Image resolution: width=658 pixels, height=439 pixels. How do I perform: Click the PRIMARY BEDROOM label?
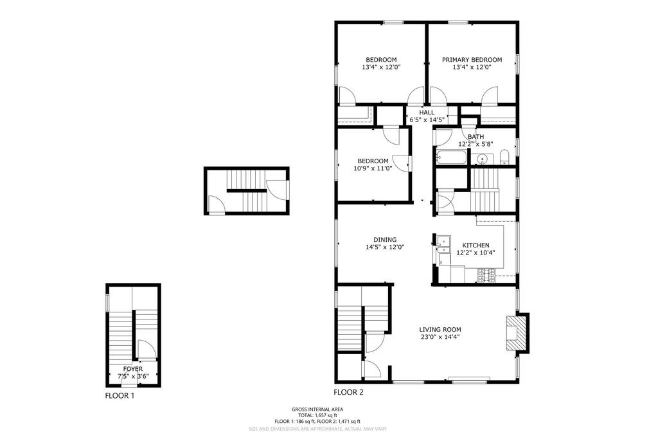472,60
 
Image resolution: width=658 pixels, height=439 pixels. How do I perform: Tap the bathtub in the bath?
452,157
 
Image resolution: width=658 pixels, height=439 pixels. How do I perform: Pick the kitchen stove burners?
487,275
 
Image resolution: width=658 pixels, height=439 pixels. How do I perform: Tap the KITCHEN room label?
476,245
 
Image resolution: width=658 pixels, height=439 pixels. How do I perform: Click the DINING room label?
385,240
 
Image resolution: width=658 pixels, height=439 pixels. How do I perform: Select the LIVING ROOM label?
440,330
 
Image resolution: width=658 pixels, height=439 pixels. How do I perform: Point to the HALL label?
427,112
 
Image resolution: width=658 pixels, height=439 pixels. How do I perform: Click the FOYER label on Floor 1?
132,369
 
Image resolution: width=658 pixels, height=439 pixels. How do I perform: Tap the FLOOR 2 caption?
348,393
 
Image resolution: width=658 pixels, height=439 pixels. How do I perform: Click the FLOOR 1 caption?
120,395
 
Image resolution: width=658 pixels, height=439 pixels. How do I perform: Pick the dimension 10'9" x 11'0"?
373,168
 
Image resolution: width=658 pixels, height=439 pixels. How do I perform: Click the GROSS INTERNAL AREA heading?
317,409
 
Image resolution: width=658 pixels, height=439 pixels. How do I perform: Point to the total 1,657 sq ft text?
317,415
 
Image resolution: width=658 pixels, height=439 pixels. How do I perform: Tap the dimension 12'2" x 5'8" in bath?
476,144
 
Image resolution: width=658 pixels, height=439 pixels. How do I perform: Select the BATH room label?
476,137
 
